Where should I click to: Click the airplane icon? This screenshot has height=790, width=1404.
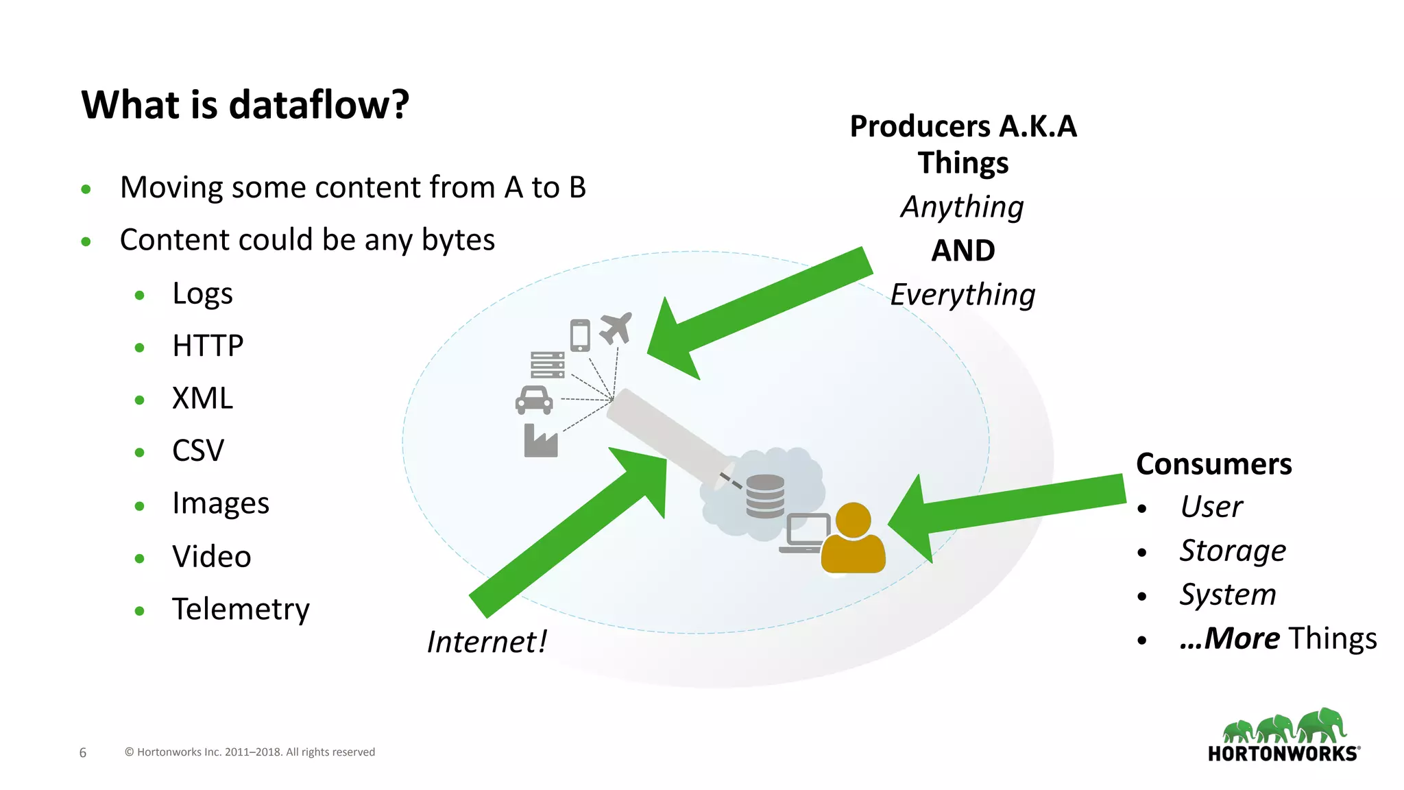tap(616, 328)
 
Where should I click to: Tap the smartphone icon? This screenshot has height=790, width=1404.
tap(580, 335)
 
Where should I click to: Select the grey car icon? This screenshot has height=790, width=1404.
tap(534, 400)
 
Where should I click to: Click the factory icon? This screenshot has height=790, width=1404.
tap(540, 441)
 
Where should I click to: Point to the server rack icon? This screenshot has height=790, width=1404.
tap(547, 364)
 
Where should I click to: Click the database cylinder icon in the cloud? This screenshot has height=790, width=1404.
tap(765, 496)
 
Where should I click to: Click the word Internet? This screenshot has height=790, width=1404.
tap(487, 642)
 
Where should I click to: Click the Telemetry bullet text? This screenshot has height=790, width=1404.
tap(241, 609)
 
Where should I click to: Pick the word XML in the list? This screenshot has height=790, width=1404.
tap(202, 398)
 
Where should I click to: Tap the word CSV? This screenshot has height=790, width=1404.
tap(198, 451)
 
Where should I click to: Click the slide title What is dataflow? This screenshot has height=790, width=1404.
tap(245, 105)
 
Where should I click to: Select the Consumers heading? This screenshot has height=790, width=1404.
tap(1213, 464)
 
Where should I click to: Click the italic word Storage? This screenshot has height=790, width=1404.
tap(1232, 551)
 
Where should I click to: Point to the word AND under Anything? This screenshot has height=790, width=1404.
tap(963, 250)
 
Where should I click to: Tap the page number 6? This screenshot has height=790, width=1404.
tap(83, 752)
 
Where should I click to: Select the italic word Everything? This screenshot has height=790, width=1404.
tap(963, 295)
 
